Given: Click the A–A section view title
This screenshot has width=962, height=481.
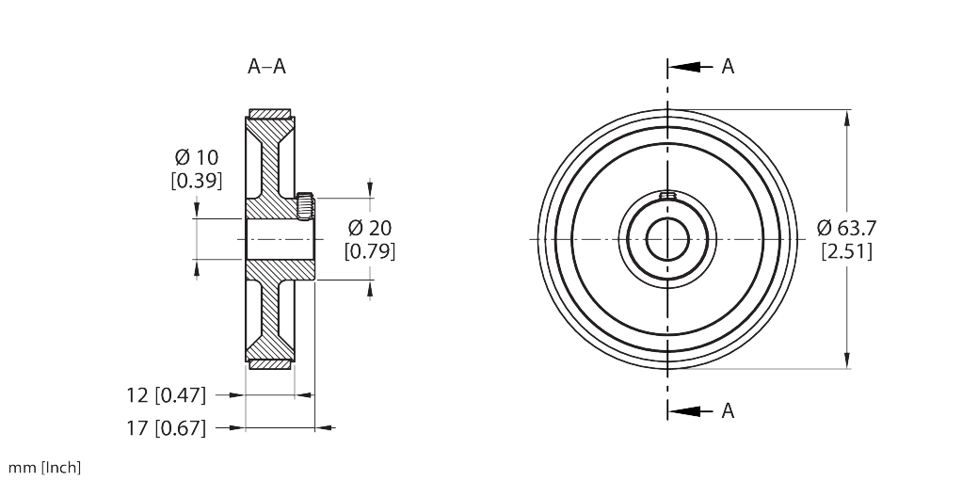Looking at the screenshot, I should [x=266, y=67].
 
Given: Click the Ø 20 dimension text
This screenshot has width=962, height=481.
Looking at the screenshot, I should [x=370, y=228].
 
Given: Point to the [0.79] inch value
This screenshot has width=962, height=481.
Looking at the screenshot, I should [x=370, y=251].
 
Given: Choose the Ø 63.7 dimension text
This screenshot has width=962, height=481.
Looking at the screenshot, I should [x=846, y=228].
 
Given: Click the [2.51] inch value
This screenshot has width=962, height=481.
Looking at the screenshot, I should [x=846, y=251].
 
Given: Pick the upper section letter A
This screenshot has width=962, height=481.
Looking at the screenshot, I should [x=728, y=67].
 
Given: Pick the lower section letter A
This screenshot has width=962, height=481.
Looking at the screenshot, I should [x=728, y=410].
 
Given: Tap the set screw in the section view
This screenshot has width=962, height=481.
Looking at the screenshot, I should [x=304, y=204].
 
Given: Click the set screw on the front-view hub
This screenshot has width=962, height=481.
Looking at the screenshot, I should [x=667, y=196].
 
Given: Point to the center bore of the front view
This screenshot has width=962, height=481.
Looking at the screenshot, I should [x=667, y=239].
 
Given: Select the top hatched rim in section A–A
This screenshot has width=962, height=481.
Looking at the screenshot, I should [x=270, y=115].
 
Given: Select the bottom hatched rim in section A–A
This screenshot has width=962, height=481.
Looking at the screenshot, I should [x=270, y=363].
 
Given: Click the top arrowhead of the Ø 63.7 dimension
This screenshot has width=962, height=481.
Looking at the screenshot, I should [x=850, y=118].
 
